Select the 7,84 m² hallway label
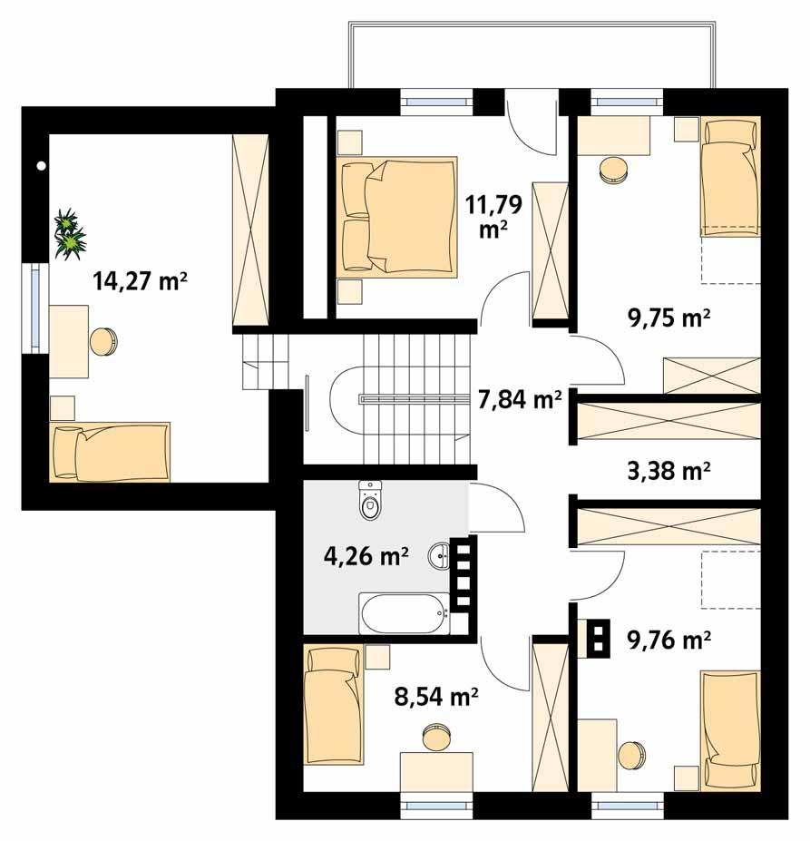(520, 399)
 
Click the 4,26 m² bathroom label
(366, 555)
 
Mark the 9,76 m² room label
(668, 641)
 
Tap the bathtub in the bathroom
(405, 614)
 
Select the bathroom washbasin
(441, 554)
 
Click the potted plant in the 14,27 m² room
(68, 234)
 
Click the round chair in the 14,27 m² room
(103, 341)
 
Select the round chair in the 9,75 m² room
(614, 170)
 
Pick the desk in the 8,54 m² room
(436, 771)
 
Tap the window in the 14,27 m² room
(34, 308)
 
